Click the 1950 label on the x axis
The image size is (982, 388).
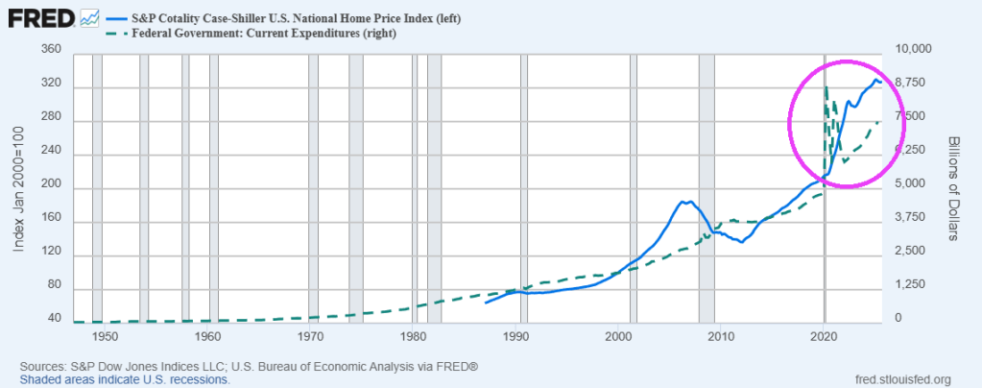(x=106, y=337)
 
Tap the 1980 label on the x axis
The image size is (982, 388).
(x=414, y=337)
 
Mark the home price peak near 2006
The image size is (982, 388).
(x=683, y=201)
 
